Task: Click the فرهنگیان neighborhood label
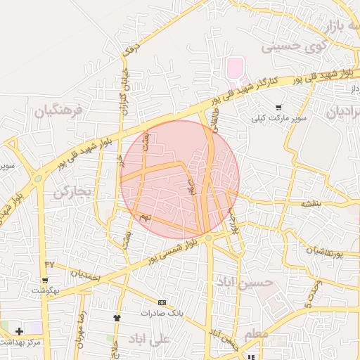pos(58,110)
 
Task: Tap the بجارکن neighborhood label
pos(72,192)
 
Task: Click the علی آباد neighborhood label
pos(150,339)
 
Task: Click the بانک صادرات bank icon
pos(162,302)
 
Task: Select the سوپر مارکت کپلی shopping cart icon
pos(279,108)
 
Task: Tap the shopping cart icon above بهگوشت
pos(44,279)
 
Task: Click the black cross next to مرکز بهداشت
pos(19,330)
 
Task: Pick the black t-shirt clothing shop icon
pos(117,318)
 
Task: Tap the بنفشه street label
pos(310,203)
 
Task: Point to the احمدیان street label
pos(86,275)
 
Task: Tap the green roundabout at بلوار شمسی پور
pos(208,239)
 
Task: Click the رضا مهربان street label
pos(82,325)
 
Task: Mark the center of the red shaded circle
pos(180,179)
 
